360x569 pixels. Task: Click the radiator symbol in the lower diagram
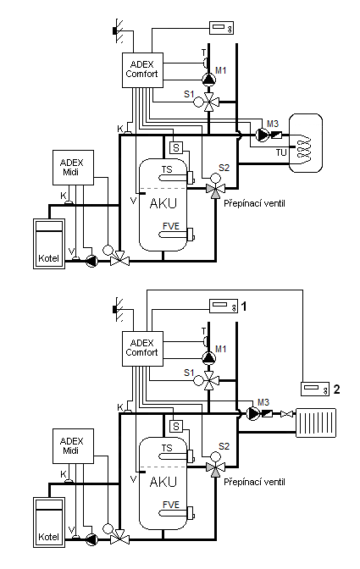tap(316, 423)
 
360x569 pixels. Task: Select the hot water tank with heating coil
tap(305, 143)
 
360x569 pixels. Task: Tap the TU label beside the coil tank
tap(281, 152)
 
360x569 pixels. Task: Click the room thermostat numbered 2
tap(315, 389)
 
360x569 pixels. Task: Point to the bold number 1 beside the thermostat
tap(244, 307)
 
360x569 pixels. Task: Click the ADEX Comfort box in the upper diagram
tap(142, 70)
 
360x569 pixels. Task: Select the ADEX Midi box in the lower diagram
tap(73, 446)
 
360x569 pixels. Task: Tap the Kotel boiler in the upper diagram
tap(49, 244)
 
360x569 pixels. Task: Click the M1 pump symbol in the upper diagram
tap(208, 79)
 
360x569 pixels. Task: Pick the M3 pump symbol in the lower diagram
tap(252, 413)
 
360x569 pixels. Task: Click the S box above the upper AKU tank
tap(176, 147)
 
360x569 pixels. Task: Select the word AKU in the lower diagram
tap(163, 482)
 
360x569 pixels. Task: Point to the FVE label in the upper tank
tap(171, 226)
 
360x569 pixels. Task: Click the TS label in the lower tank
tap(167, 448)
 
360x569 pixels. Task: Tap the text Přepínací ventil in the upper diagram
tap(254, 203)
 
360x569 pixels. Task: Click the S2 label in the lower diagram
tap(224, 446)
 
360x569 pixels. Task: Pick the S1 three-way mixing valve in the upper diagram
tap(209, 102)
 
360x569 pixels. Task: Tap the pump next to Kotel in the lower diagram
tap(91, 539)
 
